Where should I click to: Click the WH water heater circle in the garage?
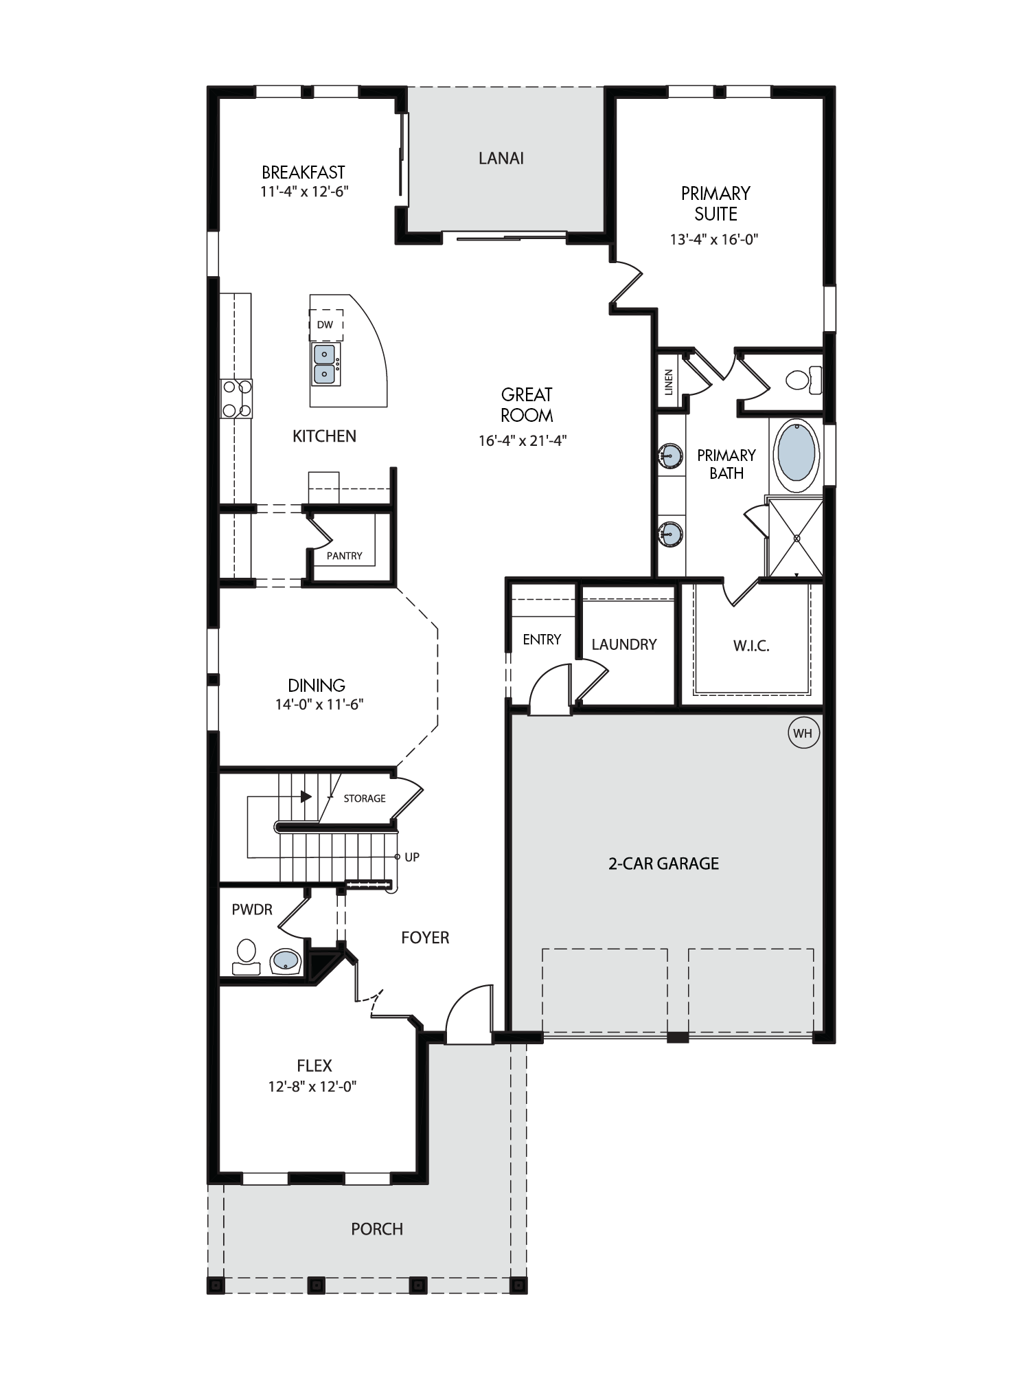803,733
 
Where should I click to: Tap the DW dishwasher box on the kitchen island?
326,325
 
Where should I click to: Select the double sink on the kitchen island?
325,364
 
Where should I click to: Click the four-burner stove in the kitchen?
236,398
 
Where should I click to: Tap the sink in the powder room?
286,961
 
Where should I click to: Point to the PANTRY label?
344,556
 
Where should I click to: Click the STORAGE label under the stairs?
365,798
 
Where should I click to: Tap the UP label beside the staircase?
412,857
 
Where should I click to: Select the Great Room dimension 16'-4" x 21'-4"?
523,440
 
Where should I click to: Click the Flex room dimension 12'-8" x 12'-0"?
312,1086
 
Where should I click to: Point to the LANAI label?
501,158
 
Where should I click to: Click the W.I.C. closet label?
751,646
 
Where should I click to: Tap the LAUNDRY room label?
624,644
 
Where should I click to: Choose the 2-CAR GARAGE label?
663,864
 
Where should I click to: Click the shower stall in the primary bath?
795,537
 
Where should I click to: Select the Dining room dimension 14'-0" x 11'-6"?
319,704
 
